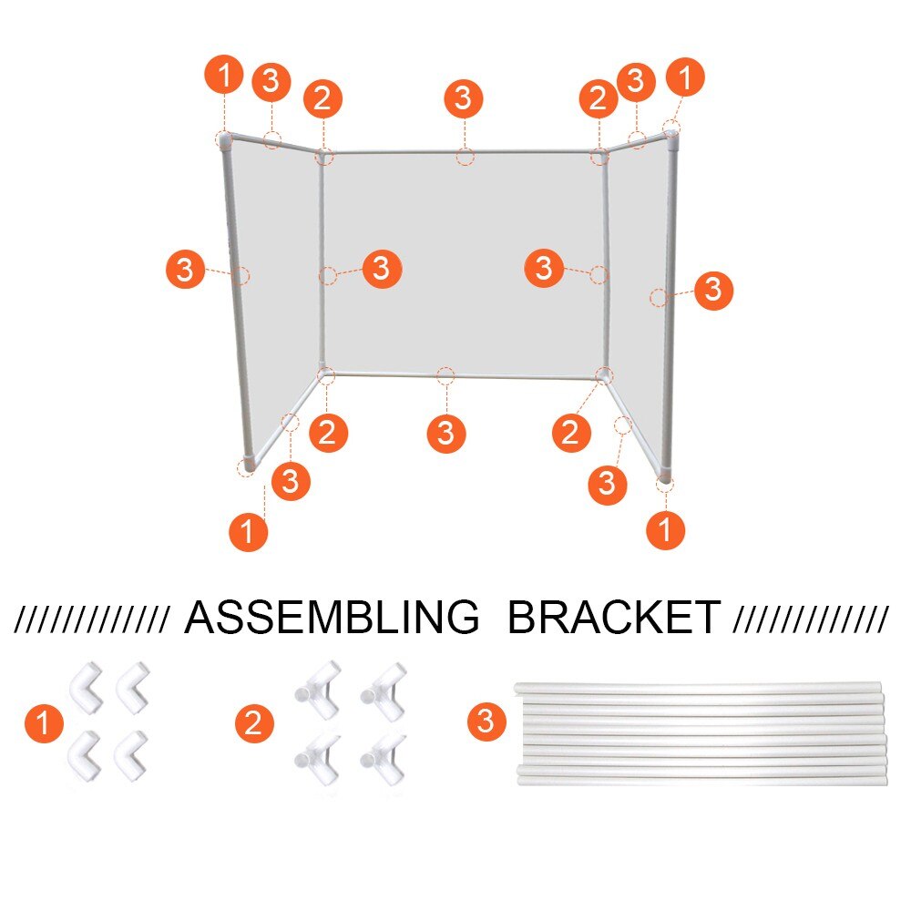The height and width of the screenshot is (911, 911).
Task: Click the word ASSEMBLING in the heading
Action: coord(332,619)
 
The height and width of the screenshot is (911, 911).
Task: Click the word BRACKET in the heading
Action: coord(613,619)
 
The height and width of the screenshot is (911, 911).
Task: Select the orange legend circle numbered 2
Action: coord(254,725)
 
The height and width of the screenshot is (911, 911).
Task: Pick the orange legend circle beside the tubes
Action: coord(486,722)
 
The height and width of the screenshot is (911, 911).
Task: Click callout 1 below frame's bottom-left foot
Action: coord(249,530)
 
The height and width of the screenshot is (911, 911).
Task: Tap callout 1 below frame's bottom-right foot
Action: coord(665,529)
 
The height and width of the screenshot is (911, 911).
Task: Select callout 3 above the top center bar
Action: coord(463,97)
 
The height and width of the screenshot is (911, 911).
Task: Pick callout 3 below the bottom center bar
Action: coord(445,432)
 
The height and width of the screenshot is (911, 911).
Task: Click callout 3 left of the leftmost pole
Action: coord(186,270)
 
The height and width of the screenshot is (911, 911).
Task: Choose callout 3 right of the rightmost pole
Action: coord(713,291)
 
